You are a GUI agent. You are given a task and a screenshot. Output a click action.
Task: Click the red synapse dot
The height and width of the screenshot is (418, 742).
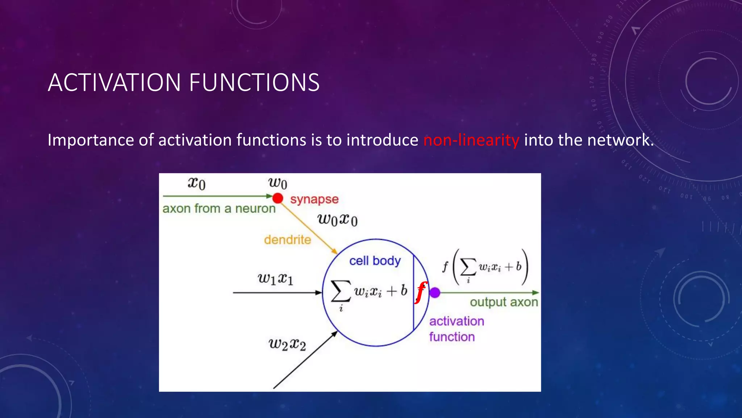click(278, 198)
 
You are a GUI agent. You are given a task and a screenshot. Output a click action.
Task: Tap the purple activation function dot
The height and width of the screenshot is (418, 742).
click(435, 292)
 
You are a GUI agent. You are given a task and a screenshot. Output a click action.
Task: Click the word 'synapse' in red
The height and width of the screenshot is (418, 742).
click(314, 199)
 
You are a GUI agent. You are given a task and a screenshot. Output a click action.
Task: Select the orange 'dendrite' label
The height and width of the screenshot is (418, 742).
click(287, 240)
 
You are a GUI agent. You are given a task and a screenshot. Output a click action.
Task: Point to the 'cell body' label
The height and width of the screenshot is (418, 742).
click(375, 261)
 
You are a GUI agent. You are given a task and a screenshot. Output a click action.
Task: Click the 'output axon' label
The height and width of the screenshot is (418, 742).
click(504, 302)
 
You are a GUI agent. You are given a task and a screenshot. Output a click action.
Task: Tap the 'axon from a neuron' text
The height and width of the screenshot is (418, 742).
click(219, 209)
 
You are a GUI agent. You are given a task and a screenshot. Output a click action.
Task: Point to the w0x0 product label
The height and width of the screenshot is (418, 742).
click(337, 220)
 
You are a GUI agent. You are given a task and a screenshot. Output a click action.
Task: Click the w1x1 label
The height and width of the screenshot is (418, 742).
click(275, 279)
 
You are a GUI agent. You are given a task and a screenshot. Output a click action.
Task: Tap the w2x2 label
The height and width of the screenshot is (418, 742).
click(287, 344)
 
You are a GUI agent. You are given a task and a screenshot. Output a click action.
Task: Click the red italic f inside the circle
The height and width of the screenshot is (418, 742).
click(421, 292)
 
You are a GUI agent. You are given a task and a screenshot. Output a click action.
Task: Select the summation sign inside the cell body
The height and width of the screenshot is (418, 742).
click(341, 291)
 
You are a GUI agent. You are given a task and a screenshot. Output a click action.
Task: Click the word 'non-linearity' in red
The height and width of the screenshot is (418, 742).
click(471, 140)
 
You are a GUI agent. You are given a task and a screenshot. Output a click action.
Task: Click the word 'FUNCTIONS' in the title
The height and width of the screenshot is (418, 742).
click(254, 83)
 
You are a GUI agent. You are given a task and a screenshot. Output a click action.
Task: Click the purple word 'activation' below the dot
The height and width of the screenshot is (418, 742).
click(457, 321)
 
